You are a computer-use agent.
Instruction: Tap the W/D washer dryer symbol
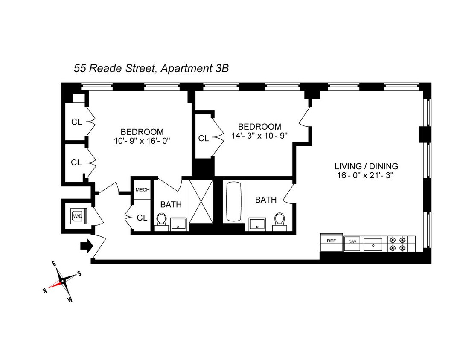[x=78, y=216]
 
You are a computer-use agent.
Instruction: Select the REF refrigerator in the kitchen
[x=332, y=241]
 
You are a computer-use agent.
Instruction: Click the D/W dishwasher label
[x=352, y=242]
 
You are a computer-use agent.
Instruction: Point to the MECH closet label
[x=142, y=190]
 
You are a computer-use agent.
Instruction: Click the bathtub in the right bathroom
[x=233, y=202]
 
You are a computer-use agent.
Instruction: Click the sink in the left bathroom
[x=178, y=224]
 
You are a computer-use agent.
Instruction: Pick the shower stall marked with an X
[x=201, y=201]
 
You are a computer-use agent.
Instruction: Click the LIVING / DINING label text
[x=366, y=166]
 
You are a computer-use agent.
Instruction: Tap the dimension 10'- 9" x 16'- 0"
[x=142, y=141]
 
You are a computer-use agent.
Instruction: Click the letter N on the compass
[x=44, y=290]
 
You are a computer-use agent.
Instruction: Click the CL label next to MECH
[x=142, y=218]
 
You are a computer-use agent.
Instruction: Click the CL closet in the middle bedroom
[x=204, y=138]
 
